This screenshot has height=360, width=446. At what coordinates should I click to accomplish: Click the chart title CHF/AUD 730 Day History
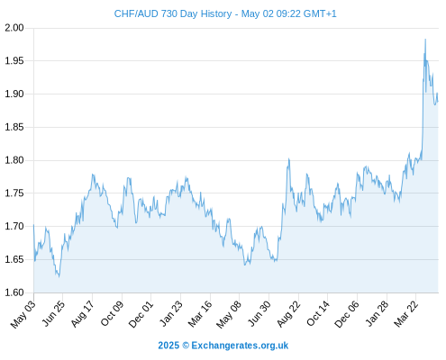coord(173,13)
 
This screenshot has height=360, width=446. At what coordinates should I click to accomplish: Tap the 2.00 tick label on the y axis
coord(14,28)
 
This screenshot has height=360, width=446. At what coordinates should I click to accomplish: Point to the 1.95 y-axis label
coord(14,61)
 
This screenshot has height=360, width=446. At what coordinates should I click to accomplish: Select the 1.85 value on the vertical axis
coord(14,127)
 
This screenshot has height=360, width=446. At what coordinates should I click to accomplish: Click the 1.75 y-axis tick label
coord(14,193)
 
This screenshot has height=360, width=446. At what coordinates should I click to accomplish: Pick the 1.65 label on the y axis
coord(14,259)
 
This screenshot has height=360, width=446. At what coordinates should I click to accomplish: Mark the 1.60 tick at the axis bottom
coord(14,292)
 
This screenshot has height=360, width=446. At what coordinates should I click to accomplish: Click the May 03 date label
coord(23,315)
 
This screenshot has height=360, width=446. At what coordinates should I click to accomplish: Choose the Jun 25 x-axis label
coord(53,314)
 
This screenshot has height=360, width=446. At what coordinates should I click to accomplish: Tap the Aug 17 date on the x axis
coord(82,314)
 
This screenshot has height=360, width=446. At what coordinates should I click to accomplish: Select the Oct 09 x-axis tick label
coord(112,314)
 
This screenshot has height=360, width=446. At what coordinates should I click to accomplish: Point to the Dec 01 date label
coord(141,314)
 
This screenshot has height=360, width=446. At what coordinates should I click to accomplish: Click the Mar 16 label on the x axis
coord(200,314)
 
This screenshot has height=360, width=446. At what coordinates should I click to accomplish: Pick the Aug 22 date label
coord(288,314)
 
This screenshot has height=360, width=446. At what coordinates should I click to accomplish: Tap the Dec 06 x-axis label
coord(347,314)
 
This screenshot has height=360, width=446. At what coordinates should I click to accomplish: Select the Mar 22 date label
coord(405,314)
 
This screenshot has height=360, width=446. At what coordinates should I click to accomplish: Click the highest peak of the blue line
coord(425,39)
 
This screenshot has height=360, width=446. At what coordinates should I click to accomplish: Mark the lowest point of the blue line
coord(59,276)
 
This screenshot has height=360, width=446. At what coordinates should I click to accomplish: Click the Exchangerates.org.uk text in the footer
coord(240,346)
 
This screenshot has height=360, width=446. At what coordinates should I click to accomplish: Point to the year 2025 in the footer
coord(168,346)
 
